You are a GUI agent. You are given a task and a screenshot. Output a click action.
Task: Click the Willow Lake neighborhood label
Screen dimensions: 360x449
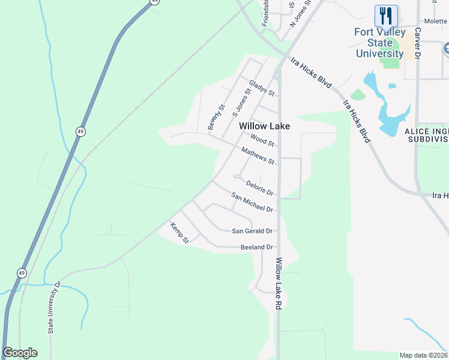(264, 126)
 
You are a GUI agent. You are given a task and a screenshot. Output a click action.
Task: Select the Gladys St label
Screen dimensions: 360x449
(262, 89)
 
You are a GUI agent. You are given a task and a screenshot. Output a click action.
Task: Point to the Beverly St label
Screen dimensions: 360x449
(215, 116)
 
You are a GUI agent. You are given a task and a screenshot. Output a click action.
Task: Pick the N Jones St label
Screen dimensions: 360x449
(298, 13)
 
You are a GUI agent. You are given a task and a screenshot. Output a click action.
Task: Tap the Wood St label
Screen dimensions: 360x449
(262, 141)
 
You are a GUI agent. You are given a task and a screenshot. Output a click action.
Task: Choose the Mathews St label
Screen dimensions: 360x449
(258, 157)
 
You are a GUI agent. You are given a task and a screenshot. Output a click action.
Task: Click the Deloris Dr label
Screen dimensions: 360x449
(260, 189)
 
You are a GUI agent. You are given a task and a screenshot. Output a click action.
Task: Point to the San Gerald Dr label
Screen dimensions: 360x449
(252, 231)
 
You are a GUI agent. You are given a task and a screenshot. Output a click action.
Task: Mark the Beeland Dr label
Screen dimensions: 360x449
(256, 247)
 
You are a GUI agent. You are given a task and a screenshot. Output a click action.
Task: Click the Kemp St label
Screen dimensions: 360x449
(179, 233)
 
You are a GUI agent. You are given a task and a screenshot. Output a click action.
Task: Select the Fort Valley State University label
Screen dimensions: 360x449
(379, 43)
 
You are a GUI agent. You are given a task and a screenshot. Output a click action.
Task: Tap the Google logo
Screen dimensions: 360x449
(20, 353)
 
